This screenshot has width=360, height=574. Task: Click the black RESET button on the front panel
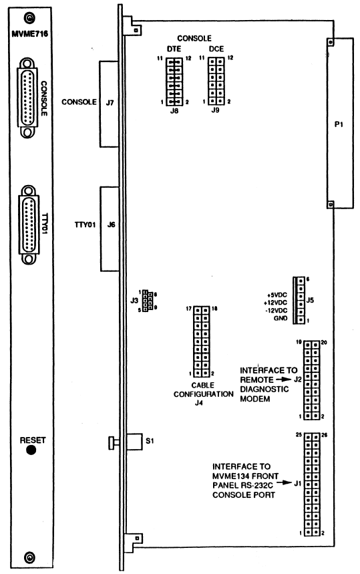31,450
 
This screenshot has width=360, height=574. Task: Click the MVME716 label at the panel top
29,34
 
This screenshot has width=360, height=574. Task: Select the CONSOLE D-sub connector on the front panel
27,98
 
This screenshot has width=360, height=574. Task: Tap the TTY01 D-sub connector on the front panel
29,225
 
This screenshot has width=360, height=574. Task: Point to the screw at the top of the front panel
29,17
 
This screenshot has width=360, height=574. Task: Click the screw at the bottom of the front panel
29,557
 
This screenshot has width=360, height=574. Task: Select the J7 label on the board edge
110,103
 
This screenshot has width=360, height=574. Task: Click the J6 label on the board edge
112,225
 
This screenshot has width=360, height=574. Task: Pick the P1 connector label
339,124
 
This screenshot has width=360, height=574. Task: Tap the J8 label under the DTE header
174,110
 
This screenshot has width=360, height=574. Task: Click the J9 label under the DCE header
215,110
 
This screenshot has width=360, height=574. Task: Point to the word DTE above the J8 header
174,49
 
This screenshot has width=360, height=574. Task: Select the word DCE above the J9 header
216,49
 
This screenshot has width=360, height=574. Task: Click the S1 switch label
150,441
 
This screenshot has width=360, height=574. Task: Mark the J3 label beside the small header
134,301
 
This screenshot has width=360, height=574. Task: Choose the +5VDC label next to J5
277,295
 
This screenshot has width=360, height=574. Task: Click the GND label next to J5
281,319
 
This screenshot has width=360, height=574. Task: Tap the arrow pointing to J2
284,380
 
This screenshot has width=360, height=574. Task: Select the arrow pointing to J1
284,483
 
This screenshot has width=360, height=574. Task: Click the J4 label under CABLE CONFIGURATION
199,403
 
